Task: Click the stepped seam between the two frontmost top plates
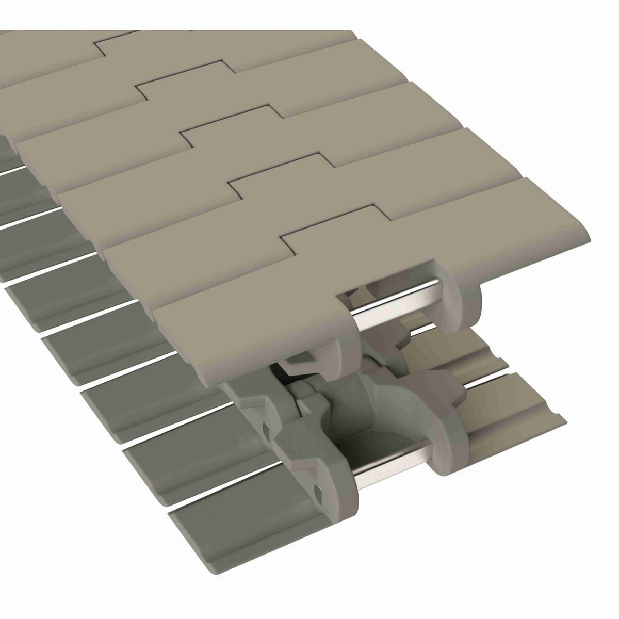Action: pos(330,227)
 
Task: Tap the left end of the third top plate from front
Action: pos(67,196)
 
